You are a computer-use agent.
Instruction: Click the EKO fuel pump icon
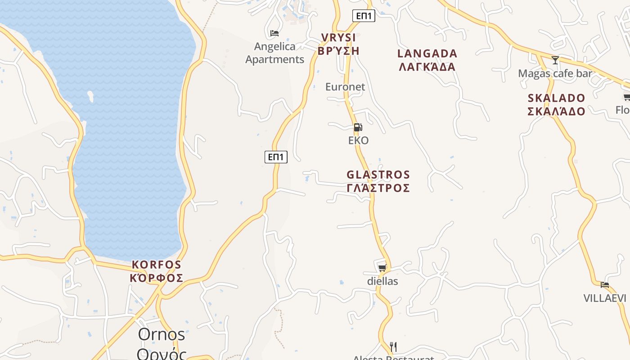point(358,127)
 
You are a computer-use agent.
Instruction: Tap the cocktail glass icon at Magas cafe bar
point(555,60)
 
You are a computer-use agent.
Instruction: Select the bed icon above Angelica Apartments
point(274,33)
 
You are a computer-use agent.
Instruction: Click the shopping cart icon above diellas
point(382,268)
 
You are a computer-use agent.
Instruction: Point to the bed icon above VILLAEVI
point(605,284)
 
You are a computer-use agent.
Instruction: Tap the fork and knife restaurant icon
point(393,346)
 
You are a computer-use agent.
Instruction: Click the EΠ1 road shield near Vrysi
point(364,16)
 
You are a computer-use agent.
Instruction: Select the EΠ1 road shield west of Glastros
point(276,157)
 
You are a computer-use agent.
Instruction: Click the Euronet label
point(345,87)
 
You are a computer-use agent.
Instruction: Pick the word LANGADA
point(427,54)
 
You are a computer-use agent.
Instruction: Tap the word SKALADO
point(556,98)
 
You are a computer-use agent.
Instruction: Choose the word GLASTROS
point(378,175)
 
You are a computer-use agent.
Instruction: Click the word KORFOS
point(157,265)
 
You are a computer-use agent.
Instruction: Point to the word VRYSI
point(338,37)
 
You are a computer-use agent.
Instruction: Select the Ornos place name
point(162,334)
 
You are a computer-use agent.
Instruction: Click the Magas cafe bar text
point(555,73)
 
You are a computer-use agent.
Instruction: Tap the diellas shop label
point(382,281)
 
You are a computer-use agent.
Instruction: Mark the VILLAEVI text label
point(605,298)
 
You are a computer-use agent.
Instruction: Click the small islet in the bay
point(90,95)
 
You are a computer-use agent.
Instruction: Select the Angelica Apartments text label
point(275,53)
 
